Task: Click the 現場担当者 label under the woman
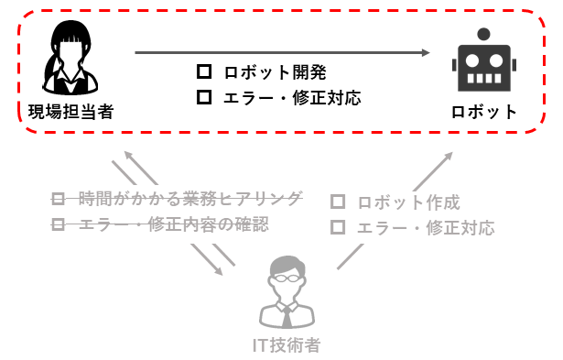coord(70,113)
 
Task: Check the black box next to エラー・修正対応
coord(204,95)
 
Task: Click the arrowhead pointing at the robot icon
coord(426,53)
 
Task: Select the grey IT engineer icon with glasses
coord(287,292)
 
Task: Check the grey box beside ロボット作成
coord(338,202)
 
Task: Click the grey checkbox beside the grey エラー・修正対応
coord(338,227)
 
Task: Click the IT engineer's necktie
coord(287,317)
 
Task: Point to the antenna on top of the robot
coord(483,34)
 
